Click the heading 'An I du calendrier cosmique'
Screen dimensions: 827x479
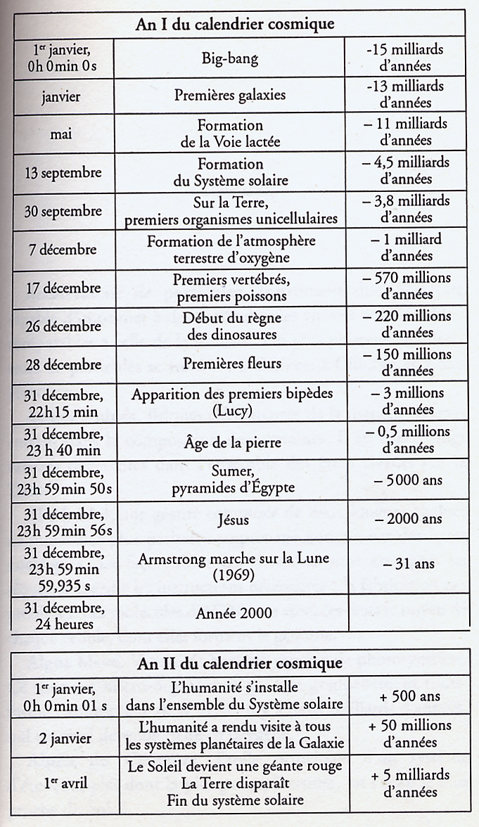(x=235, y=23)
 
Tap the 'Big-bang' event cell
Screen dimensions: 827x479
(x=229, y=57)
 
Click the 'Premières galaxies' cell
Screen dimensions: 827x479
(x=229, y=95)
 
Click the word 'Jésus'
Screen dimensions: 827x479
(x=229, y=519)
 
